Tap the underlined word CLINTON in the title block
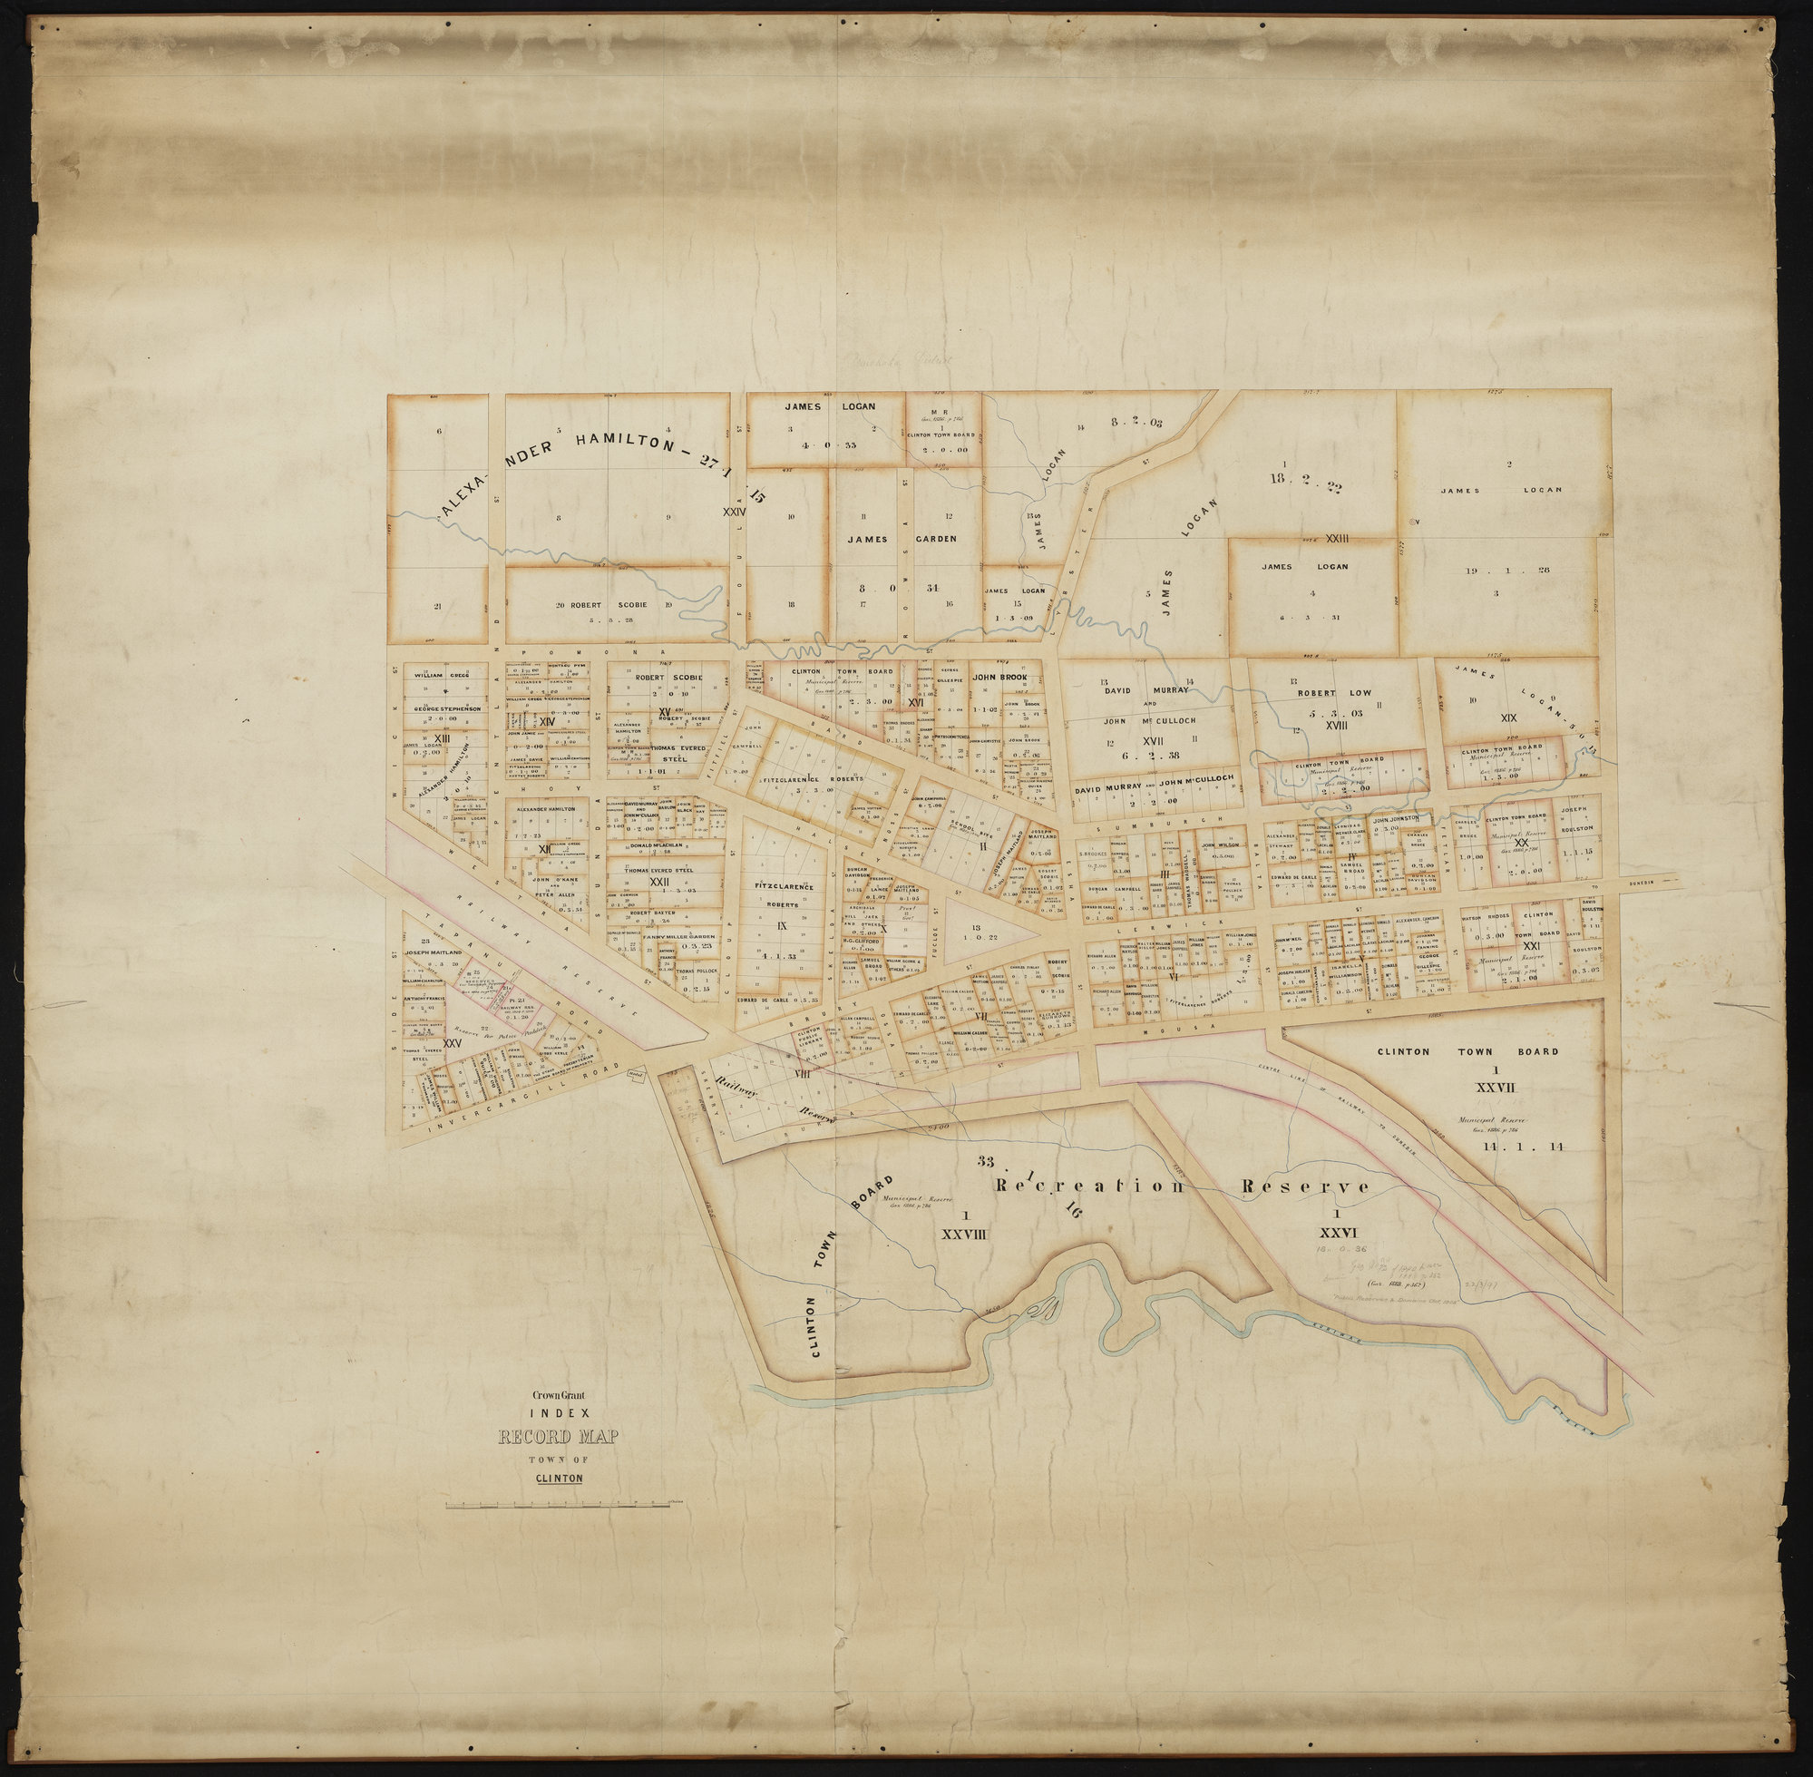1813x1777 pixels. (x=559, y=1478)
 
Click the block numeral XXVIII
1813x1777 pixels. (x=966, y=1232)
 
